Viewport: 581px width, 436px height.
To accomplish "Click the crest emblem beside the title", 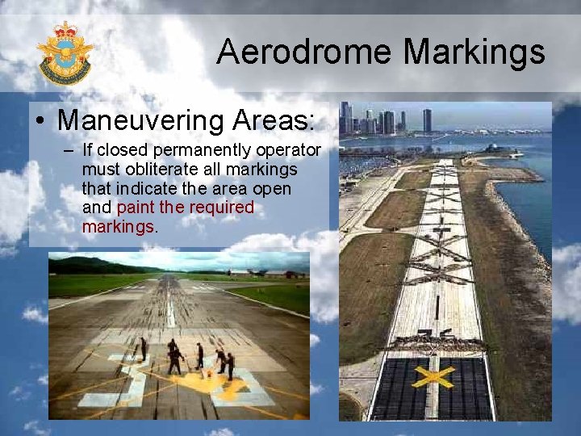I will click(65, 52).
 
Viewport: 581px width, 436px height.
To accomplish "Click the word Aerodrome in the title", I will click(305, 52).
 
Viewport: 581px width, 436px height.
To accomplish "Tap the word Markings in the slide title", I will click(474, 52).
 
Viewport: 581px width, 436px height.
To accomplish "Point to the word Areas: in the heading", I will click(273, 121).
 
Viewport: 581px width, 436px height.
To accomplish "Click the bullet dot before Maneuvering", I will click(40, 122).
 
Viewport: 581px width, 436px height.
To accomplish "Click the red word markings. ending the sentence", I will click(119, 227).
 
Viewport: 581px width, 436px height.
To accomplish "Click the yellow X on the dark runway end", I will click(433, 376).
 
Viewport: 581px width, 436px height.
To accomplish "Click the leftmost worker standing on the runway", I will click(144, 349).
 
